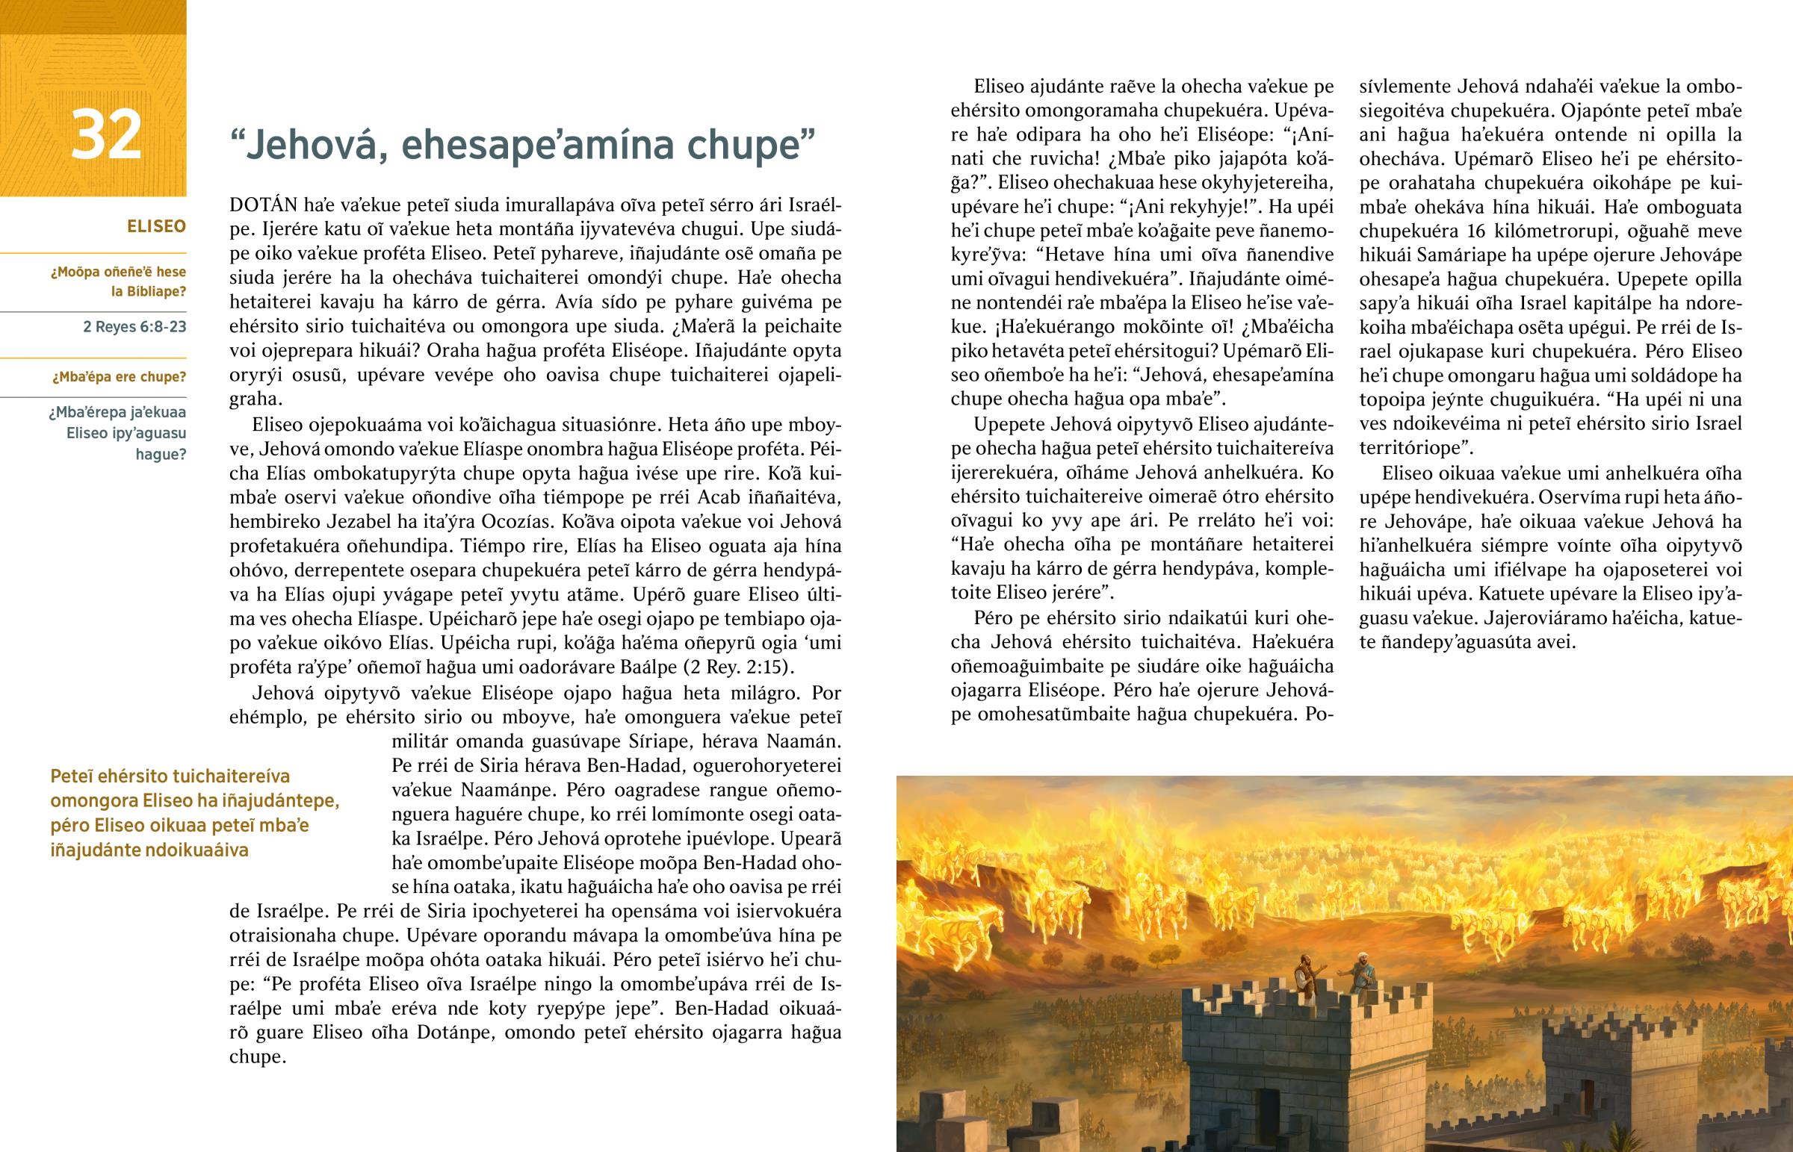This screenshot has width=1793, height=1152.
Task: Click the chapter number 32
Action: point(106,135)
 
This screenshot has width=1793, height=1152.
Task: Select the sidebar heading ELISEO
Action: point(156,227)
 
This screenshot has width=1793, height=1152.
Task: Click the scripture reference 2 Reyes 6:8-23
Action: point(134,327)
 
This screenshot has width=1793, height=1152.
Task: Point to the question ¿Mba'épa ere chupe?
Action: point(119,377)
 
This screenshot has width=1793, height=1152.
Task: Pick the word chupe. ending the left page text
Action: point(258,1056)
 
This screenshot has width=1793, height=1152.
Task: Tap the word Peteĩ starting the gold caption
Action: point(72,776)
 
